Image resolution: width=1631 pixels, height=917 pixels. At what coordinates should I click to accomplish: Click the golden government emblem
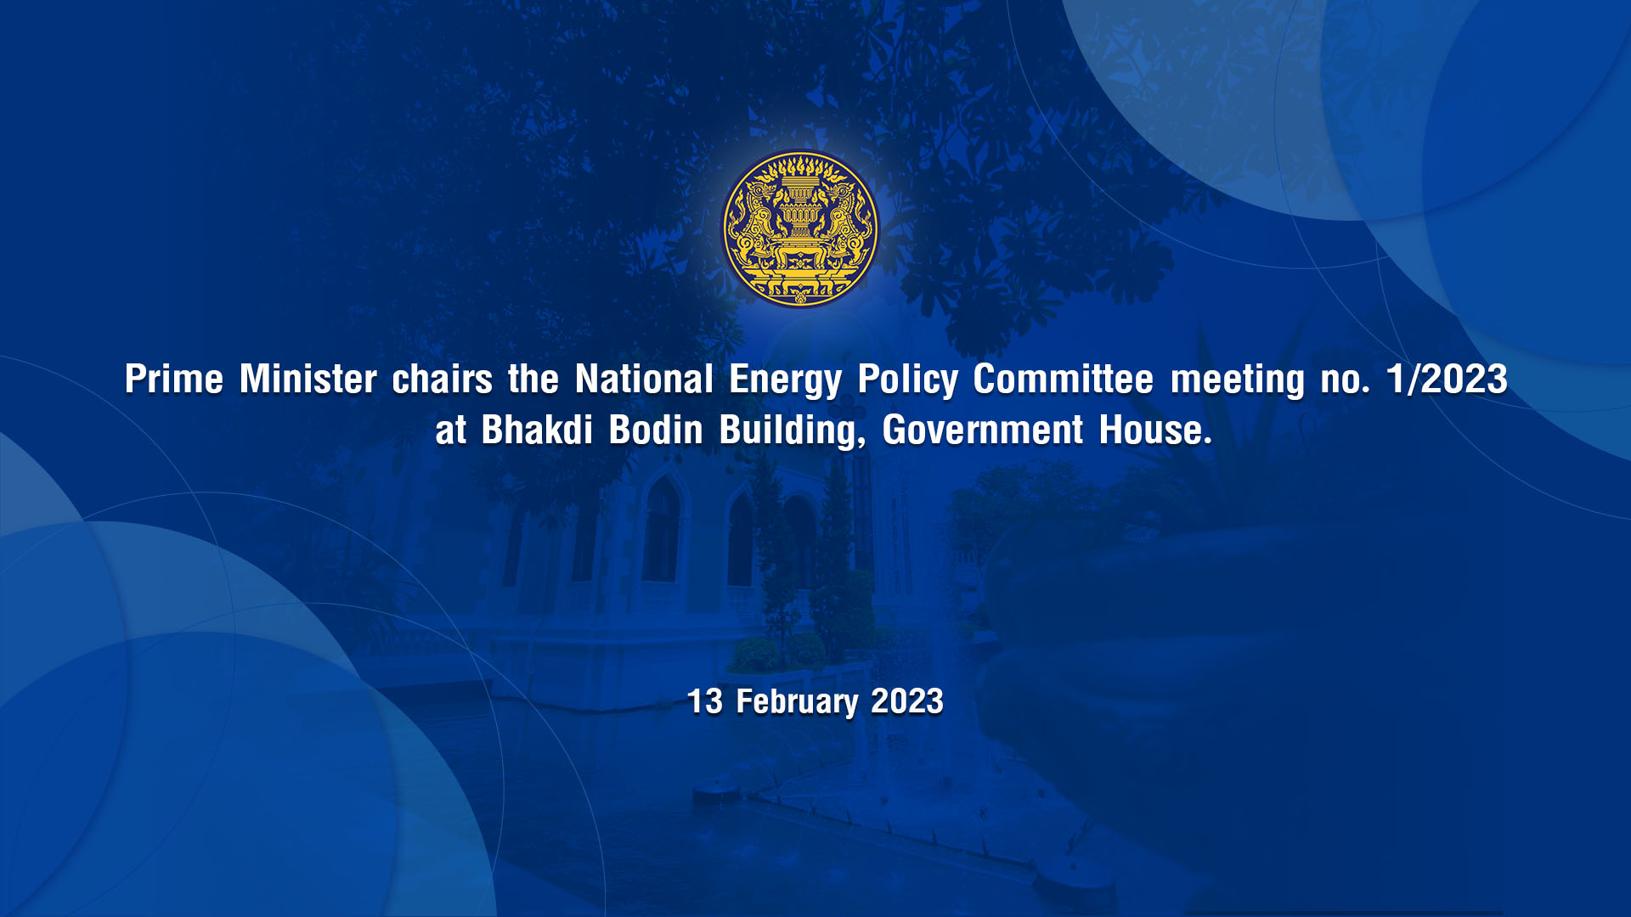coord(800,228)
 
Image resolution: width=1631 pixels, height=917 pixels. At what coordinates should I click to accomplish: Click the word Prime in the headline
coord(174,379)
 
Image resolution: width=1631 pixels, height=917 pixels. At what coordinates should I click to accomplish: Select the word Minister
coord(308,379)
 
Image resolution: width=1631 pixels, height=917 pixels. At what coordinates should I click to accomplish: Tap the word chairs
coord(442,379)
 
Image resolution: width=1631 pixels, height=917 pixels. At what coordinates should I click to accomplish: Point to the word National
coord(644,379)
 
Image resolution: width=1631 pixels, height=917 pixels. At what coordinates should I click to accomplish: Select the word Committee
coord(1064,379)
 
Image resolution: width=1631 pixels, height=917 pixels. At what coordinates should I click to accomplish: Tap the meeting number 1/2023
coord(1447,379)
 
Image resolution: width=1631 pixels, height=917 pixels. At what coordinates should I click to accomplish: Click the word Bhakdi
coord(537,430)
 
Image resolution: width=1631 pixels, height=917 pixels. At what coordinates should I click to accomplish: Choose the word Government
coord(983,430)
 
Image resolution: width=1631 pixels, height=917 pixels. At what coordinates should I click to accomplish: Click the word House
coord(1155,430)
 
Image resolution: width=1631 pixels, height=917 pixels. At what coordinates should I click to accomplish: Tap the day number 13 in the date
coord(704,701)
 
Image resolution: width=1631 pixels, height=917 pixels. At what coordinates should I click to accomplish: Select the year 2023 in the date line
coord(907,701)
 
